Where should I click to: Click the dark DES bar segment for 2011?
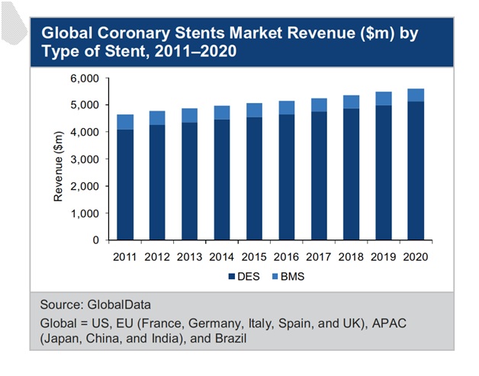[124, 185]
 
